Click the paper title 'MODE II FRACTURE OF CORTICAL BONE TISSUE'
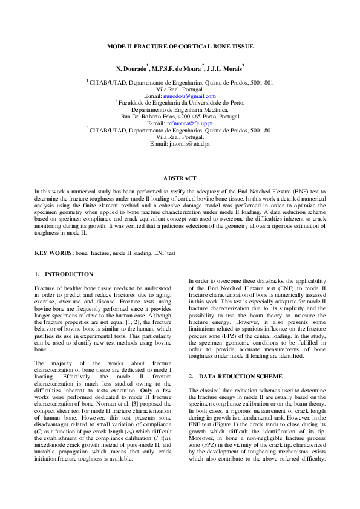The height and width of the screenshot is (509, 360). [180, 46]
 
